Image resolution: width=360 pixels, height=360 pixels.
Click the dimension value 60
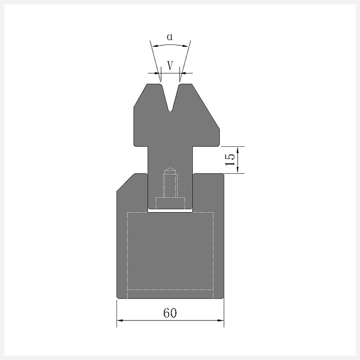pos(170,313)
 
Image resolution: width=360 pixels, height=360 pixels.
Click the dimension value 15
pos(230,160)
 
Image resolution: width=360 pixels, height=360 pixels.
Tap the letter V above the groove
pos(170,66)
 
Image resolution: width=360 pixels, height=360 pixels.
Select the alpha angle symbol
pos(170,37)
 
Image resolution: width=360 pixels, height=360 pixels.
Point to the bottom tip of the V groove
pos(170,112)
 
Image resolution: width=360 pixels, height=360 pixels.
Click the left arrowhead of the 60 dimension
pos(120,320)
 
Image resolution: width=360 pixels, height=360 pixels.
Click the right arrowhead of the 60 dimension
pos(220,320)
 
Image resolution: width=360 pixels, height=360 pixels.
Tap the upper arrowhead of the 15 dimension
pos(238,149)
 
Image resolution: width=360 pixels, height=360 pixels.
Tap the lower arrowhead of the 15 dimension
pos(238,170)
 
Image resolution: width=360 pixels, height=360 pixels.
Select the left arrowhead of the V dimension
pos(157,73)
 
